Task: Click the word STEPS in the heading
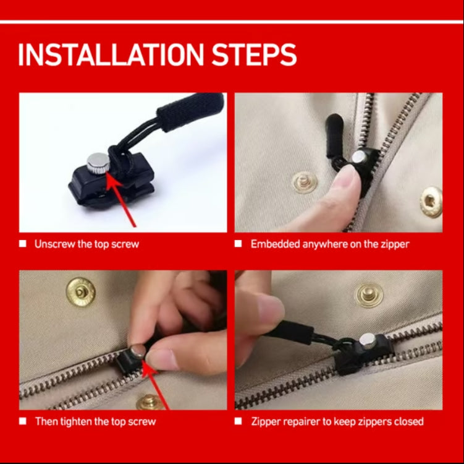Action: [254, 54]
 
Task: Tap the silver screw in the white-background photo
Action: [98, 163]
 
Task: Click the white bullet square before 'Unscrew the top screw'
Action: [23, 244]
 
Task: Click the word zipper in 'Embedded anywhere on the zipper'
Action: [395, 244]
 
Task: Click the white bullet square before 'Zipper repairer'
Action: [238, 421]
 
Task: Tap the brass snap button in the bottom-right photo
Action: [369, 295]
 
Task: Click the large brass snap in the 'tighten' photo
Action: [81, 292]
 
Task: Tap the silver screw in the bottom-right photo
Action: [368, 341]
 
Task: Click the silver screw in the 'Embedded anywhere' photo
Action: [359, 156]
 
